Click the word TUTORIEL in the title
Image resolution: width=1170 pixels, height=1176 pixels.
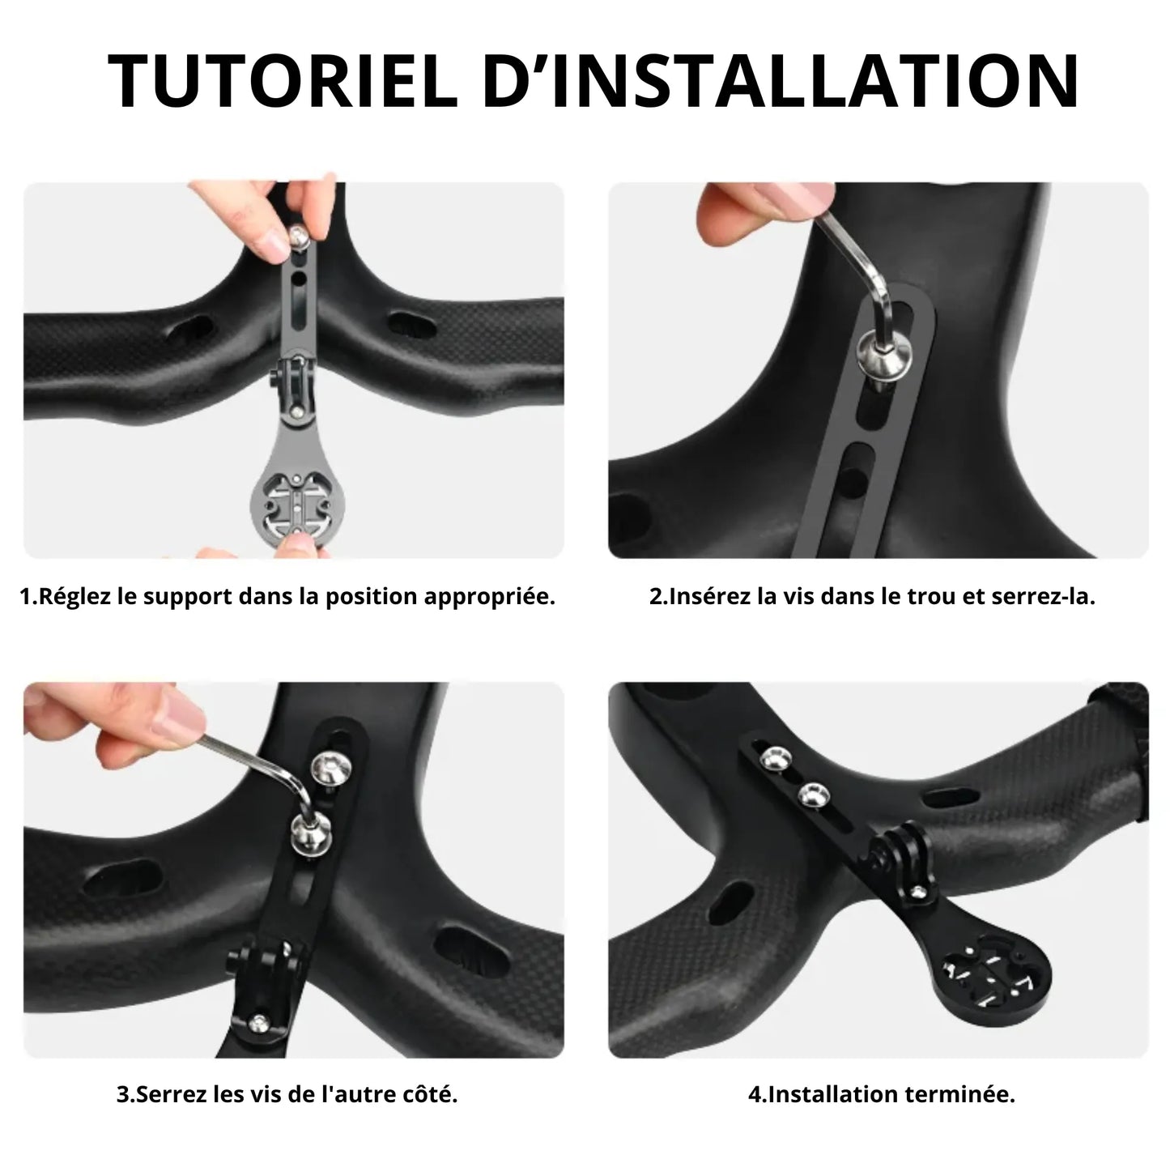coord(282,81)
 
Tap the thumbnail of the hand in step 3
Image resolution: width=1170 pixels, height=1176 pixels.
coord(177,718)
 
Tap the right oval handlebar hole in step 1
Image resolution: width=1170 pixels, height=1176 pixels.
coord(413,325)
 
